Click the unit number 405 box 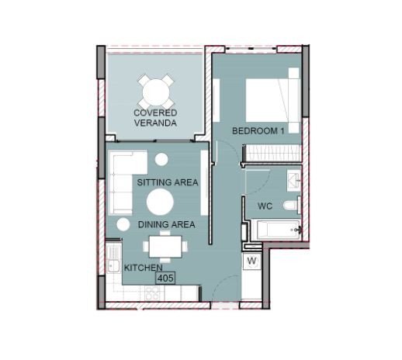click(x=165, y=278)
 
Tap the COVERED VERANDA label click(x=155, y=118)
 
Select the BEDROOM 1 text click(x=258, y=131)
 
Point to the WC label click(x=265, y=206)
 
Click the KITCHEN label click(x=144, y=268)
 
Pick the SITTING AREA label click(x=168, y=182)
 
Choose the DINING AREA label click(x=166, y=224)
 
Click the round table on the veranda click(x=156, y=92)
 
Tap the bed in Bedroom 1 click(x=272, y=100)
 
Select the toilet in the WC click(x=292, y=206)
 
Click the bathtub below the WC click(x=279, y=230)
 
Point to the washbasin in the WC click(x=294, y=181)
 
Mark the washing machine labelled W click(x=252, y=261)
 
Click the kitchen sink click(x=113, y=259)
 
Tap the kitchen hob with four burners click(x=152, y=293)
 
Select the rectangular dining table click(x=165, y=247)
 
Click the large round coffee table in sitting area click(x=160, y=202)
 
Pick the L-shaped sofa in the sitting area click(x=124, y=182)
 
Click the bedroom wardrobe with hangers click(x=272, y=153)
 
